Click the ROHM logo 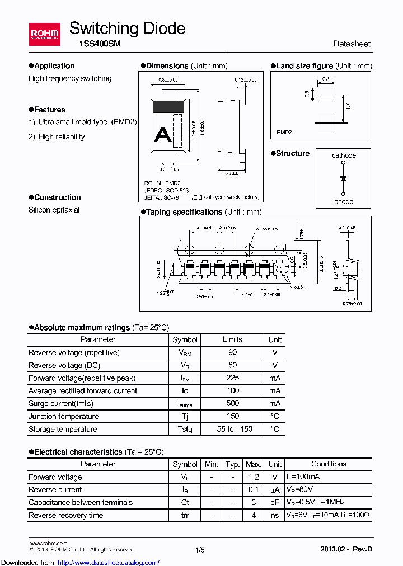click(x=44, y=34)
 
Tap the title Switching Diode click(x=127, y=29)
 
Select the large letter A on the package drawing click(x=162, y=134)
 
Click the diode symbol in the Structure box click(x=343, y=178)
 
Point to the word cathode click(x=344, y=155)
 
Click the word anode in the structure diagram click(x=344, y=202)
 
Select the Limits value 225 click(x=232, y=378)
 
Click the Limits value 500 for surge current click(x=232, y=403)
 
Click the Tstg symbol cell click(x=185, y=429)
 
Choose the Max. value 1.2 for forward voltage click(x=254, y=477)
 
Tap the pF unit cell click(x=274, y=502)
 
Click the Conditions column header click(x=329, y=464)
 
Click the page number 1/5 click(x=200, y=550)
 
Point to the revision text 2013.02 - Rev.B click(x=345, y=550)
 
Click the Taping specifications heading click(x=184, y=212)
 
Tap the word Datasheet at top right click(x=352, y=44)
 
